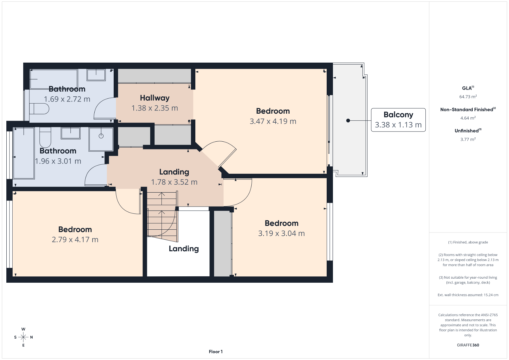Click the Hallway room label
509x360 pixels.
(155, 98)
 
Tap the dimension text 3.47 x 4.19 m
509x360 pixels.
(273, 121)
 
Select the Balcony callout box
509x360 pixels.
(398, 120)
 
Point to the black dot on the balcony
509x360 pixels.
(348, 120)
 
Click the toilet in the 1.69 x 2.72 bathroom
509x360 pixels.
(39, 109)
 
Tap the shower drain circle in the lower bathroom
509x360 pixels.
(101, 136)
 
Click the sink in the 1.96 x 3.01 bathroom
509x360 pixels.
(70, 133)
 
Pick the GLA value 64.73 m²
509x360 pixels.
(468, 97)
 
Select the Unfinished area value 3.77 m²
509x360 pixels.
(468, 139)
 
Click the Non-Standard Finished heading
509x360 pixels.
(468, 110)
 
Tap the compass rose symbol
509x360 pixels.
(23, 337)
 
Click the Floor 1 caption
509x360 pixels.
(216, 352)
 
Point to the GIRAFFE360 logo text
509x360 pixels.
(468, 345)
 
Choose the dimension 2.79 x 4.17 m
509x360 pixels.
(75, 240)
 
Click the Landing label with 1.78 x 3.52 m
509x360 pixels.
(174, 172)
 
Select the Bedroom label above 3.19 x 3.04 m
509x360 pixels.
(282, 223)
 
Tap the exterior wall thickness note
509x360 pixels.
(468, 295)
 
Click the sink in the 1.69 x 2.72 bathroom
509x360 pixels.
(96, 75)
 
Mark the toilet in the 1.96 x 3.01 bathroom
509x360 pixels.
(45, 137)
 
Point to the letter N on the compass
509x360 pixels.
(31, 337)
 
